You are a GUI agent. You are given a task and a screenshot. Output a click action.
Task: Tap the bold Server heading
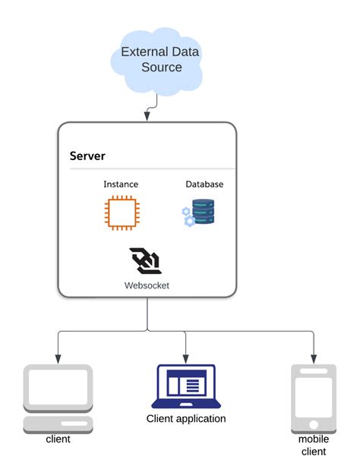coord(87,156)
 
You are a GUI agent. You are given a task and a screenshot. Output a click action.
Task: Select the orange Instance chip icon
coord(120,212)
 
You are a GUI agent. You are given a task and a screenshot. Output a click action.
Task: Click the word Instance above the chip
coord(120,184)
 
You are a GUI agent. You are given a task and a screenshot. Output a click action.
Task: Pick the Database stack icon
coord(199,212)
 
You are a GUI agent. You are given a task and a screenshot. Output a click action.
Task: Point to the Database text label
coord(204,184)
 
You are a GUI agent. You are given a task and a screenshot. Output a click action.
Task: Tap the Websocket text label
coord(147,286)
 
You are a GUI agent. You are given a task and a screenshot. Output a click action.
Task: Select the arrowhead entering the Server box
coord(146,117)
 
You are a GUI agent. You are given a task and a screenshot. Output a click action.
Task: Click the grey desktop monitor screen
coord(58,388)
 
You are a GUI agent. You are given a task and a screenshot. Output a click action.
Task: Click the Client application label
coord(186,418)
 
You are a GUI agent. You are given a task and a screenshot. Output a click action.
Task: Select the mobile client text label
coord(313,445)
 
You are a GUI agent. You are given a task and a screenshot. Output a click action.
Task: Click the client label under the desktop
coord(58,439)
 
